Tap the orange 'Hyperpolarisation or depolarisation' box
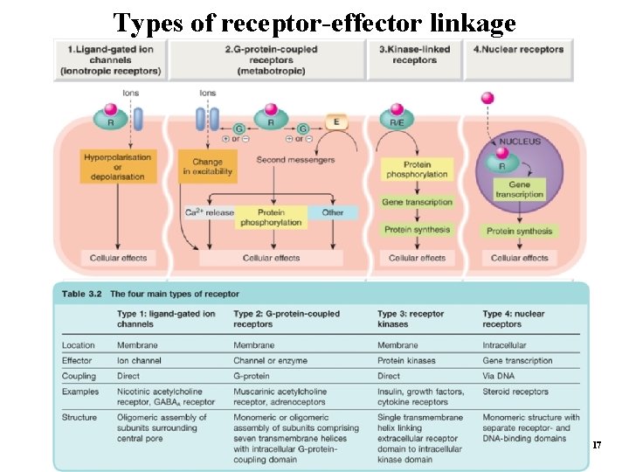click(117, 164)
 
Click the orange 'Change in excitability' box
click(206, 166)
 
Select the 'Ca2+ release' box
click(209, 212)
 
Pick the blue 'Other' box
click(332, 212)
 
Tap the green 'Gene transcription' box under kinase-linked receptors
click(418, 202)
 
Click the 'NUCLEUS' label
click(520, 142)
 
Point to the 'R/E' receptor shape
click(397, 123)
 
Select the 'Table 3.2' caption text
click(150, 294)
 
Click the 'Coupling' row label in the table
click(79, 376)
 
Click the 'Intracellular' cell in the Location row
click(504, 345)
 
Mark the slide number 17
click(597, 446)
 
